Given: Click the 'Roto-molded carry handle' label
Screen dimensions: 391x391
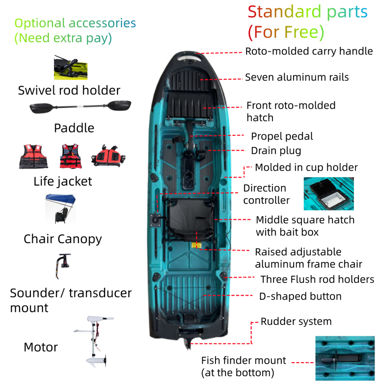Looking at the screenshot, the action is (309, 51).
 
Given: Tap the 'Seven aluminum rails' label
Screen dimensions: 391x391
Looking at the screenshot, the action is (297, 77).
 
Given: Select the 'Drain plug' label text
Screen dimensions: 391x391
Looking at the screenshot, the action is (276, 151).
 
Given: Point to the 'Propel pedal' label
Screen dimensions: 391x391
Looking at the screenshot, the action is (282, 136).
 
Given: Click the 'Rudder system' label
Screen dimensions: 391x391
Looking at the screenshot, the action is (296, 321).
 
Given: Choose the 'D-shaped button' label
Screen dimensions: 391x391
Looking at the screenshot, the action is (300, 296).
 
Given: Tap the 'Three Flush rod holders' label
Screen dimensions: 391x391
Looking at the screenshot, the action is (317, 279).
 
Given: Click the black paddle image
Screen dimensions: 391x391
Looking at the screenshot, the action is (80, 107).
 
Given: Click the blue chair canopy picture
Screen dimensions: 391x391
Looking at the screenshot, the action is (61, 208).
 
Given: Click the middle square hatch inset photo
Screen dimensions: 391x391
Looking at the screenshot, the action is (328, 194).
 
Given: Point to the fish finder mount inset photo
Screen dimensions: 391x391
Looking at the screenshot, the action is (345, 358).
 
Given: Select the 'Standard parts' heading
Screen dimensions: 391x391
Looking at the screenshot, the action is (308, 13).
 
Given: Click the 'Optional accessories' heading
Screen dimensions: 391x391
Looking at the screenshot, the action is (75, 23).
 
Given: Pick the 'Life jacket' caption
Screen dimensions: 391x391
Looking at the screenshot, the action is (63, 181).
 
